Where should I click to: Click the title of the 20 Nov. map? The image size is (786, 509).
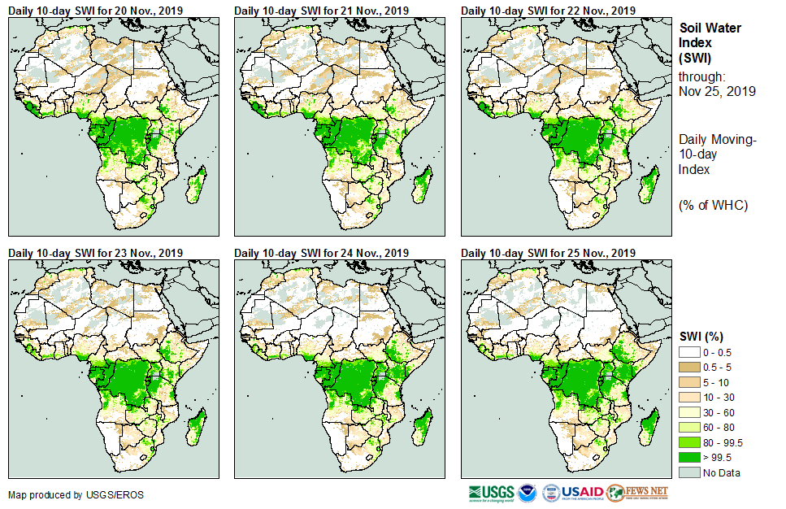coord(95,10)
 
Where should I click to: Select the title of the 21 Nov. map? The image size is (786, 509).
coord(321,10)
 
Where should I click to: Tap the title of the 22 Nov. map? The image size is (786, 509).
coord(548,10)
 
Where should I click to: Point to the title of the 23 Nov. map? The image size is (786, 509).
coord(95,253)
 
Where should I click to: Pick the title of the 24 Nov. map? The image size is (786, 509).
coord(321,253)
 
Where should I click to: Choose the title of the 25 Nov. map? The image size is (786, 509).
coord(548,253)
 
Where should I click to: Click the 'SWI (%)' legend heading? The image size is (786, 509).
coord(701,337)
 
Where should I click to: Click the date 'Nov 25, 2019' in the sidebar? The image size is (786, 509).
coord(717,91)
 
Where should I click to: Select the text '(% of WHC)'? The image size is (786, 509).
coord(713,205)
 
